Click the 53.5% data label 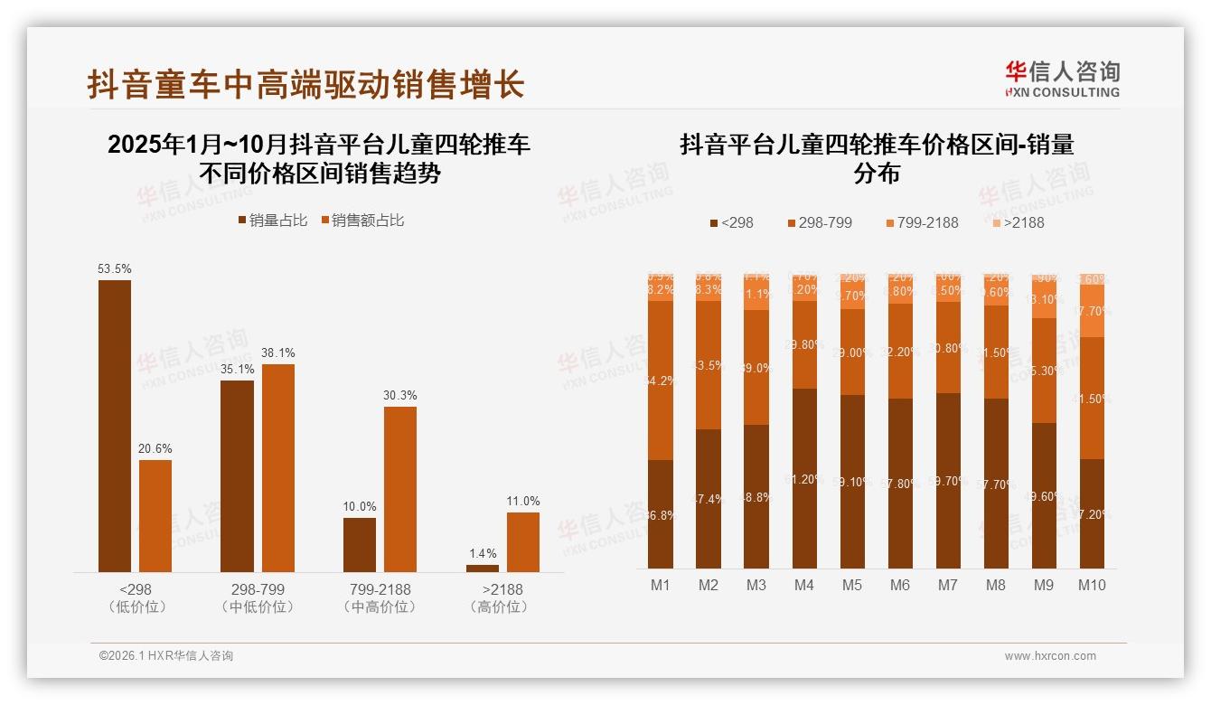click(115, 268)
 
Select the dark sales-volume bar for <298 click(115, 426)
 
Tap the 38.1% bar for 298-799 click(277, 467)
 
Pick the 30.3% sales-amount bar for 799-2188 click(400, 489)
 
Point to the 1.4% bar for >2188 click(482, 568)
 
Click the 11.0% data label click(523, 502)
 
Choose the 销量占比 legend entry click(272, 221)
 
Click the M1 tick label click(661, 585)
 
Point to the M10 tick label click(1092, 585)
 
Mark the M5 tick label click(852, 585)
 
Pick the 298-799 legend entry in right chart click(819, 222)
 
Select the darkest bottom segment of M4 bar click(804, 478)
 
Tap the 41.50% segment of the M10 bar click(1092, 398)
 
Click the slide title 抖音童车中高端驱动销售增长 click(305, 85)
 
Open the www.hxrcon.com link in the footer click(1050, 656)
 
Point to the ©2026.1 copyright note click(166, 656)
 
